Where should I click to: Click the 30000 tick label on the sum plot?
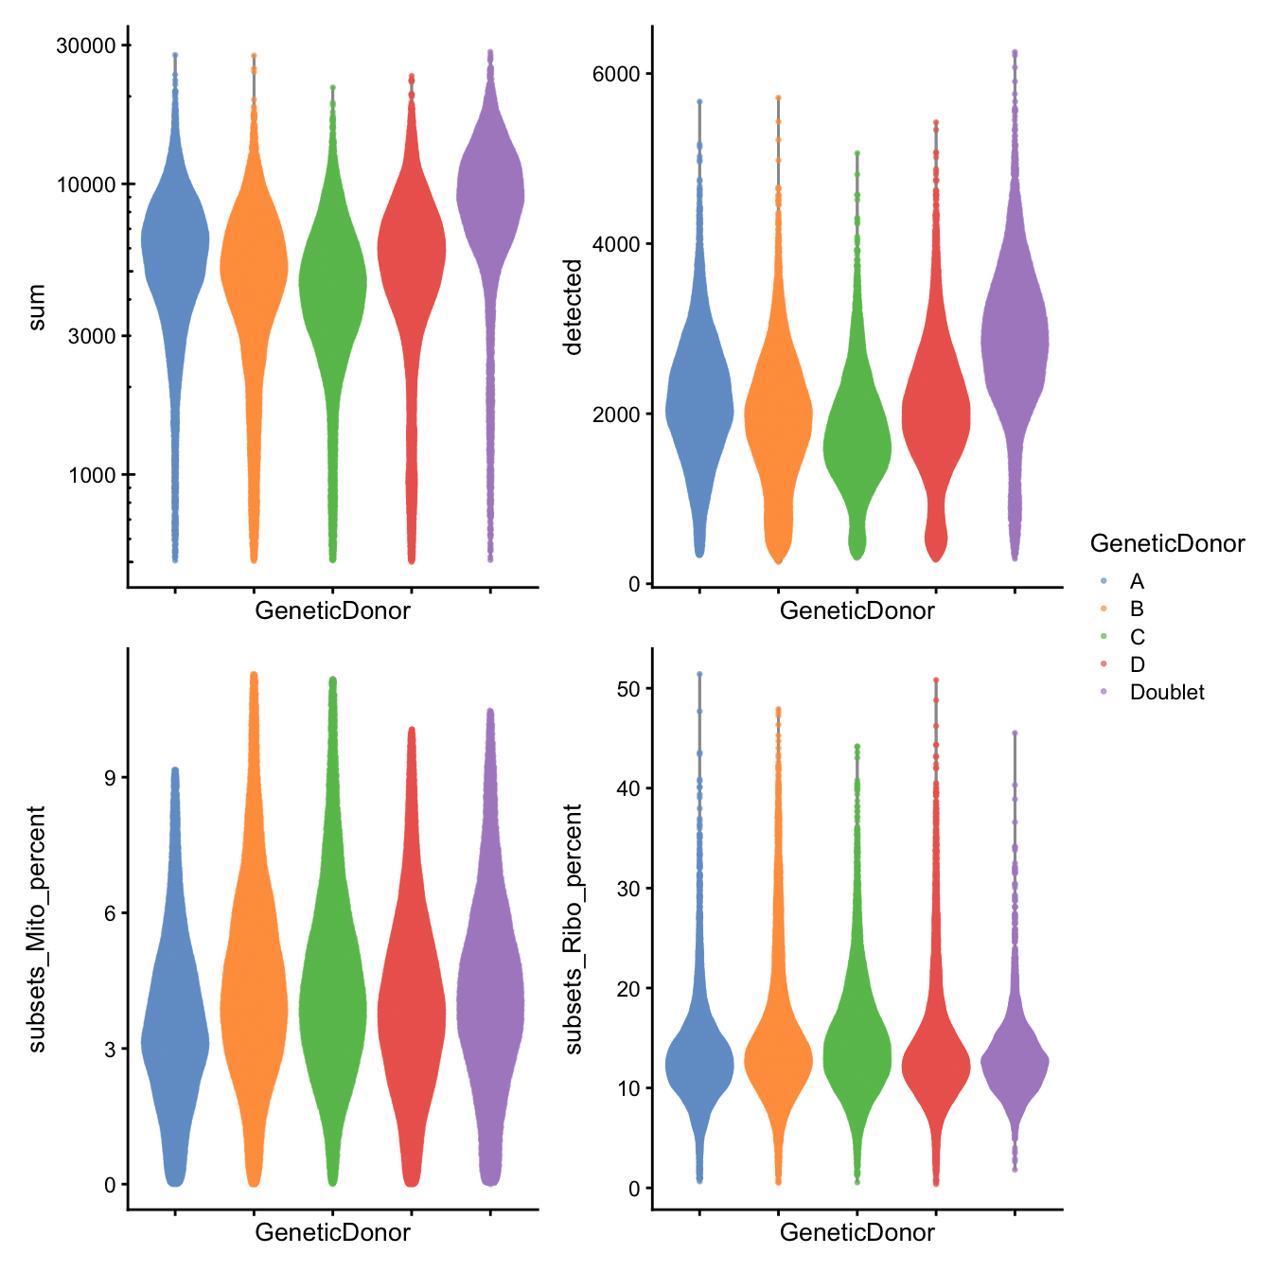tap(86, 45)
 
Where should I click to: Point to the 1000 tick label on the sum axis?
tap(92, 475)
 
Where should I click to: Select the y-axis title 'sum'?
tap(37, 308)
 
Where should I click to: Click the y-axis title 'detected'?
tap(573, 308)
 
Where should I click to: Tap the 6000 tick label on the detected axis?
tap(616, 74)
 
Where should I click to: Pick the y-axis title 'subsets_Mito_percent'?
tap(37, 929)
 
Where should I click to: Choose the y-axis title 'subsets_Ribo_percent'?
tap(573, 929)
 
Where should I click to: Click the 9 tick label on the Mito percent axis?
tap(110, 778)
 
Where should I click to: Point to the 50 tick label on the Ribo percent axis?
tap(628, 688)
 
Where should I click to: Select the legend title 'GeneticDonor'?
tap(1167, 544)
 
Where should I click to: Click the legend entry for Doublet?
tap(1167, 693)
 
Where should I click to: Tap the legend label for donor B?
tap(1137, 609)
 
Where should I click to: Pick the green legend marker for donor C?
tap(1104, 637)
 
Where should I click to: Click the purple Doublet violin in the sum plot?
tap(490, 199)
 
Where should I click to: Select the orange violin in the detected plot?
tap(778, 416)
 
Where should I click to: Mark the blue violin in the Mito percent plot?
tap(175, 1041)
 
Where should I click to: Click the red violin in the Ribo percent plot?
tap(936, 1065)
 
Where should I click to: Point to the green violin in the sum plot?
tap(332, 284)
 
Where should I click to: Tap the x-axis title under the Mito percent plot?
tap(332, 1232)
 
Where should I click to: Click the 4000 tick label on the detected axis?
tap(616, 244)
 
